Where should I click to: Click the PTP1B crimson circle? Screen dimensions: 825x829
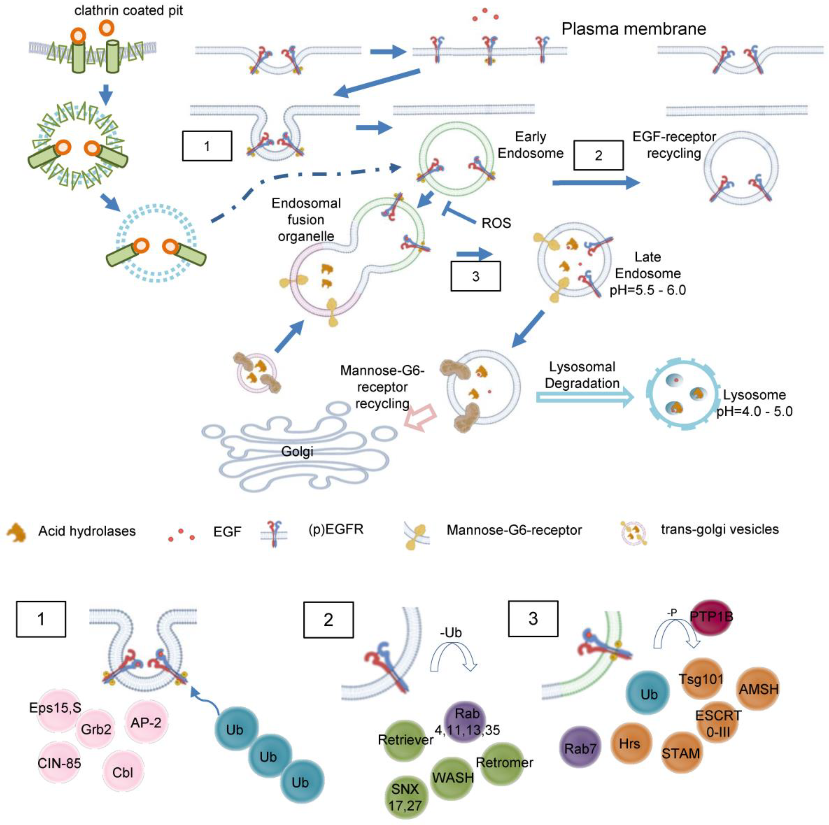[x=711, y=617]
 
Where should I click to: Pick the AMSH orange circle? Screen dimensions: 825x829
[x=758, y=689]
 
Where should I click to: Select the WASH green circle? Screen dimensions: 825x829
[x=452, y=777]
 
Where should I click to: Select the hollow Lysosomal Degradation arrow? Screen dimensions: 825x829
[x=585, y=397]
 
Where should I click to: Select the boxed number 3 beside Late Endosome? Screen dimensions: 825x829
[x=475, y=276]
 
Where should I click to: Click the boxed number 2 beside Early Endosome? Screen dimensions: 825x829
[x=598, y=155]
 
